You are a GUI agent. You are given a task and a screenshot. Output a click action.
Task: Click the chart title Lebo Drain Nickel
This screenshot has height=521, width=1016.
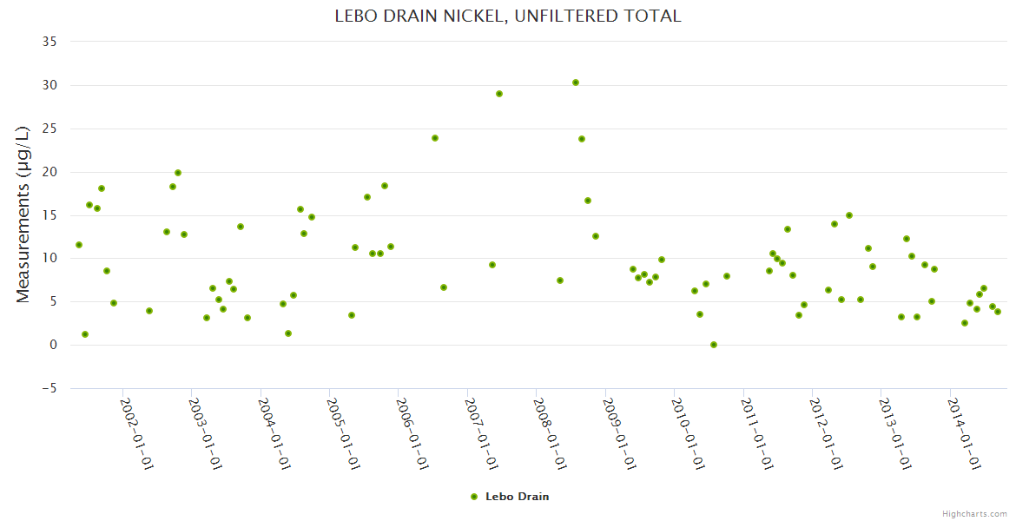tap(508, 16)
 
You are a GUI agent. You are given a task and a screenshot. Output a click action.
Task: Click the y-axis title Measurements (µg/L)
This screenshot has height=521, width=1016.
tap(23, 214)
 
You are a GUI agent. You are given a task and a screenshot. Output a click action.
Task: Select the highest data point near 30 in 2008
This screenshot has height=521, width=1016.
tap(576, 82)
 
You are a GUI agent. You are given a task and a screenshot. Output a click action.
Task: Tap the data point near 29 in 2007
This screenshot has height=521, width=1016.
tap(499, 94)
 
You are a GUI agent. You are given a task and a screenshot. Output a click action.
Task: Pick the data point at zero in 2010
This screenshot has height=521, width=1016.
tap(714, 345)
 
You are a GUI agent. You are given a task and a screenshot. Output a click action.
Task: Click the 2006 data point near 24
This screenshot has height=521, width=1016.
tap(435, 138)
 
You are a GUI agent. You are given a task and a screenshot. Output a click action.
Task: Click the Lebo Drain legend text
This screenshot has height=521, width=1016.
tap(518, 497)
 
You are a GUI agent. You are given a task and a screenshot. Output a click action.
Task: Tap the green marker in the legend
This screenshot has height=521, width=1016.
tap(474, 497)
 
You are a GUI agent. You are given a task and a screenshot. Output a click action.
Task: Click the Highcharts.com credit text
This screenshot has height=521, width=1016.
tap(974, 513)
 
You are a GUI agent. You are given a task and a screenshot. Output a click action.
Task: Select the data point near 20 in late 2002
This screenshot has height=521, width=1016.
tap(178, 173)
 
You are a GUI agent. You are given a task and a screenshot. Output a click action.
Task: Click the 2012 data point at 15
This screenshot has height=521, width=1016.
tap(849, 215)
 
